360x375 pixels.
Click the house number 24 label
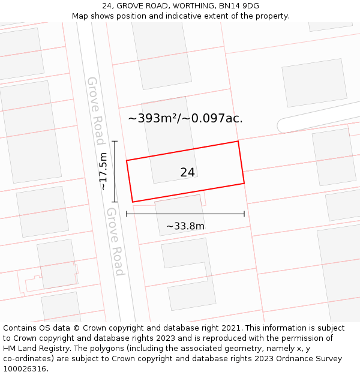tap(187, 172)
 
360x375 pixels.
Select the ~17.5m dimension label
tap(103, 172)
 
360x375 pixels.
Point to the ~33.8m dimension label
tap(185, 226)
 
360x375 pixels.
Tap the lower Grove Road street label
tap(115, 241)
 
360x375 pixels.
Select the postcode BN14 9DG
tap(239, 6)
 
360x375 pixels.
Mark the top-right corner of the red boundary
tap(238, 141)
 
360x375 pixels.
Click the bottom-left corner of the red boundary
tap(132, 202)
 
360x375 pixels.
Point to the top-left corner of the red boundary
tap(127, 160)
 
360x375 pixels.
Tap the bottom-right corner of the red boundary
tap(244, 183)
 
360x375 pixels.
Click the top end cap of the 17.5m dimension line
tap(115, 142)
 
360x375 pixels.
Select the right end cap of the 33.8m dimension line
tap(244, 214)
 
